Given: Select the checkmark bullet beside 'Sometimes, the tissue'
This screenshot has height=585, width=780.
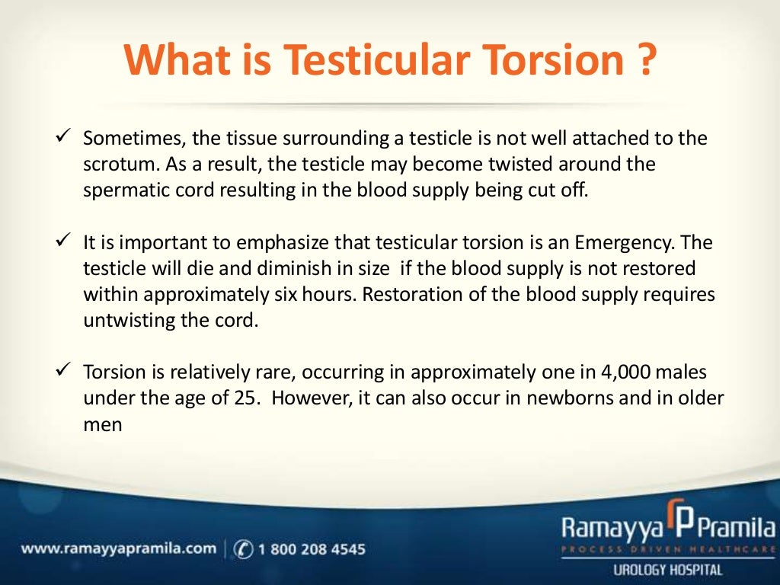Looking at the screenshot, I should tap(64, 138).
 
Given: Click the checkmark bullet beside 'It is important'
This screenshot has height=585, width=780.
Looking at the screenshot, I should tap(64, 241).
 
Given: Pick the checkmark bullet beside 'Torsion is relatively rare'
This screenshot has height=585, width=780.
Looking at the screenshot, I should tap(64, 371).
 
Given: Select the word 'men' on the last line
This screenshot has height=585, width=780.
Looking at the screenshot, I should tap(102, 424).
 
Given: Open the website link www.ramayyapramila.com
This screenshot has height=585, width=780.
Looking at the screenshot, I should tap(119, 548).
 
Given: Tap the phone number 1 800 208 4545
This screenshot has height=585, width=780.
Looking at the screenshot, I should tap(312, 548).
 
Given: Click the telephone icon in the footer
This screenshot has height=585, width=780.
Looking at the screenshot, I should tap(244, 548).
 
